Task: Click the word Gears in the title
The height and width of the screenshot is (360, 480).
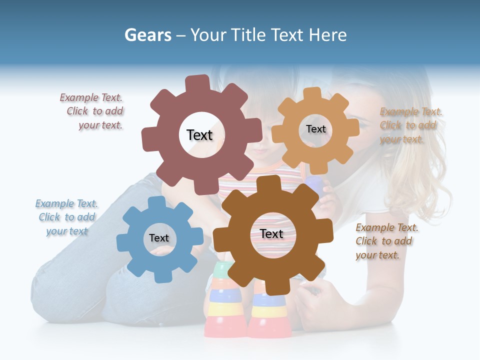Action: [x=147, y=35]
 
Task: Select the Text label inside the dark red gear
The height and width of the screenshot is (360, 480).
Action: [x=199, y=135]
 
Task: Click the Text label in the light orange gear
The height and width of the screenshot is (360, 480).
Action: [x=315, y=129]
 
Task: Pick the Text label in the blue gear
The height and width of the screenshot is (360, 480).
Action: [x=159, y=238]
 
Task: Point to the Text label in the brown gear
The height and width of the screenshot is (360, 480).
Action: [x=271, y=234]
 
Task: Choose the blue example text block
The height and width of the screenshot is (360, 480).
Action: [x=66, y=217]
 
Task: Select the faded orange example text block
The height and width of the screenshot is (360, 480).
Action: [x=410, y=125]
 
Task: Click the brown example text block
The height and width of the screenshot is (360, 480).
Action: [x=386, y=241]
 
